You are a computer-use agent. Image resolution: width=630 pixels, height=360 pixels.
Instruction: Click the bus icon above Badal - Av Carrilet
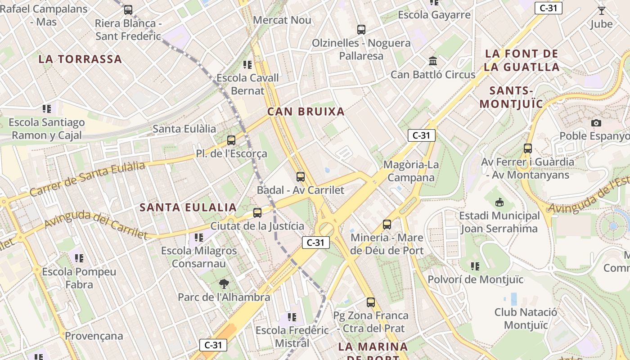[x=301, y=177]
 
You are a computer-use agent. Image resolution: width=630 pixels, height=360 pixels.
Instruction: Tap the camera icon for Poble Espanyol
[x=596, y=123]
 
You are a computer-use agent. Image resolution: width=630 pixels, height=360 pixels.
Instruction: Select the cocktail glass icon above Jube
[x=602, y=11]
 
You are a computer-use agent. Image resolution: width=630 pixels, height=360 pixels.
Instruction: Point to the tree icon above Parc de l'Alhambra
[x=224, y=284]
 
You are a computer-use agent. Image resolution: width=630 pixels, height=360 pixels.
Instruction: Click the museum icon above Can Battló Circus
[x=433, y=61]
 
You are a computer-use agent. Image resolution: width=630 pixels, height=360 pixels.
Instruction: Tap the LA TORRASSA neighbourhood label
[x=80, y=59]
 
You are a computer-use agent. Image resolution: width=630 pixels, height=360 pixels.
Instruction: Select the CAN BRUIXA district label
[x=306, y=112]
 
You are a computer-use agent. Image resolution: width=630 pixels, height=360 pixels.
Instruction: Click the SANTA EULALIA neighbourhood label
[x=188, y=207]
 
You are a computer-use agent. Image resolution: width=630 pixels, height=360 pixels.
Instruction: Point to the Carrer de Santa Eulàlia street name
[x=87, y=179]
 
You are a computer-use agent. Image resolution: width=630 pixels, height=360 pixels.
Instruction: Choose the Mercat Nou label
[x=282, y=20]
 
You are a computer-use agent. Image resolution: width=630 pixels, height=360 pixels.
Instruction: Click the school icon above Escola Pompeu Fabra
[x=79, y=258]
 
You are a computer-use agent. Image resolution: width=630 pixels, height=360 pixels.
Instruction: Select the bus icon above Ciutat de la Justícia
[x=257, y=212]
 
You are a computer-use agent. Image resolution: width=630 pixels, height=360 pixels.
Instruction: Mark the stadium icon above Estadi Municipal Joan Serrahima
[x=499, y=202]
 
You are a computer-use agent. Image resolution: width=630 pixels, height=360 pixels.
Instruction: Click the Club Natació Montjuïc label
[x=526, y=319]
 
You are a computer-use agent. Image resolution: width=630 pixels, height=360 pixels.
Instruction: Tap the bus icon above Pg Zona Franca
[x=371, y=302]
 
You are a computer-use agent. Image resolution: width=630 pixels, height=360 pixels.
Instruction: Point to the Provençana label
[x=94, y=336]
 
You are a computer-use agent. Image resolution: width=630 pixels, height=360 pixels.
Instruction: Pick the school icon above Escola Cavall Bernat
[x=247, y=65]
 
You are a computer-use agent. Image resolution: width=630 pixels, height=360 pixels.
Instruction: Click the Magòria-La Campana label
[x=411, y=171]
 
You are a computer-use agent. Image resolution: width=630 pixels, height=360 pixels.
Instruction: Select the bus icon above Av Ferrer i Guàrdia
[x=528, y=148]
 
